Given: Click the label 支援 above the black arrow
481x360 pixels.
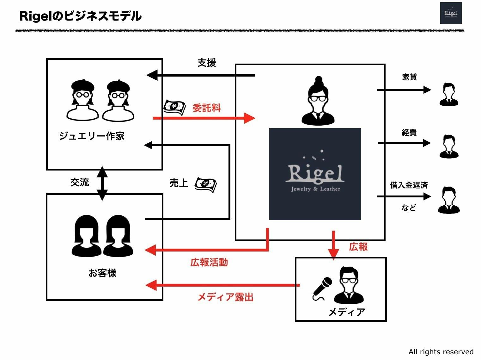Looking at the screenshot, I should coord(207,63).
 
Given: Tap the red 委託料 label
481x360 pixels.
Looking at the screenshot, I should coord(207,108).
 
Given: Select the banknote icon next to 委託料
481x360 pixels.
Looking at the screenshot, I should coord(174,107).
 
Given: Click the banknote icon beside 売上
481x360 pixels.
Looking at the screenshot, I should coord(205,184).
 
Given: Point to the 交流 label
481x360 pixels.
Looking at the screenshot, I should coord(80,182).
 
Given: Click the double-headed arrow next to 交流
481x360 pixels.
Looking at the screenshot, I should coord(102,183).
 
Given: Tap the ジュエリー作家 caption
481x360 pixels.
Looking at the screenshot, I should coord(92,136).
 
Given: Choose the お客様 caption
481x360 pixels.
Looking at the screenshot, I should coord(102,273).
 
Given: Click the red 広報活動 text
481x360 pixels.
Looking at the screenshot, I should coord(209,262).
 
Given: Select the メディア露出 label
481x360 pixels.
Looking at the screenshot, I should coord(225,297).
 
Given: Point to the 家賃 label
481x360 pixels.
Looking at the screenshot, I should coord(409,77).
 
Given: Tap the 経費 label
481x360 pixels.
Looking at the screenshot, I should coord(409,133).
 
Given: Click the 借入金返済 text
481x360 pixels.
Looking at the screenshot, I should coord(409,185).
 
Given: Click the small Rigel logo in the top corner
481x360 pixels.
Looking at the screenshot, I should coord(451,13).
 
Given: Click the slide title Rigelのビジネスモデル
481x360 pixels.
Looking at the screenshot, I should coord(80,16).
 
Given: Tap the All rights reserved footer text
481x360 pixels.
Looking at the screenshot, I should coord(441,352).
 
